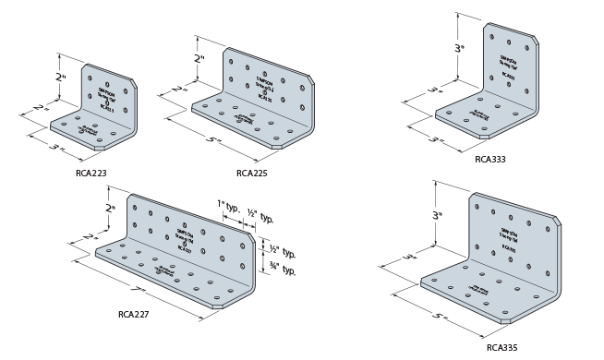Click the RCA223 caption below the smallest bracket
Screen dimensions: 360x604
(x=91, y=172)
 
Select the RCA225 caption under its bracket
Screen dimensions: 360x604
(x=251, y=172)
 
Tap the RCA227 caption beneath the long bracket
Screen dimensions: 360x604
(x=133, y=313)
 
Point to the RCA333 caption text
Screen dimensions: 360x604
(x=489, y=159)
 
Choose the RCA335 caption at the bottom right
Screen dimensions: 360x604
(x=501, y=348)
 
